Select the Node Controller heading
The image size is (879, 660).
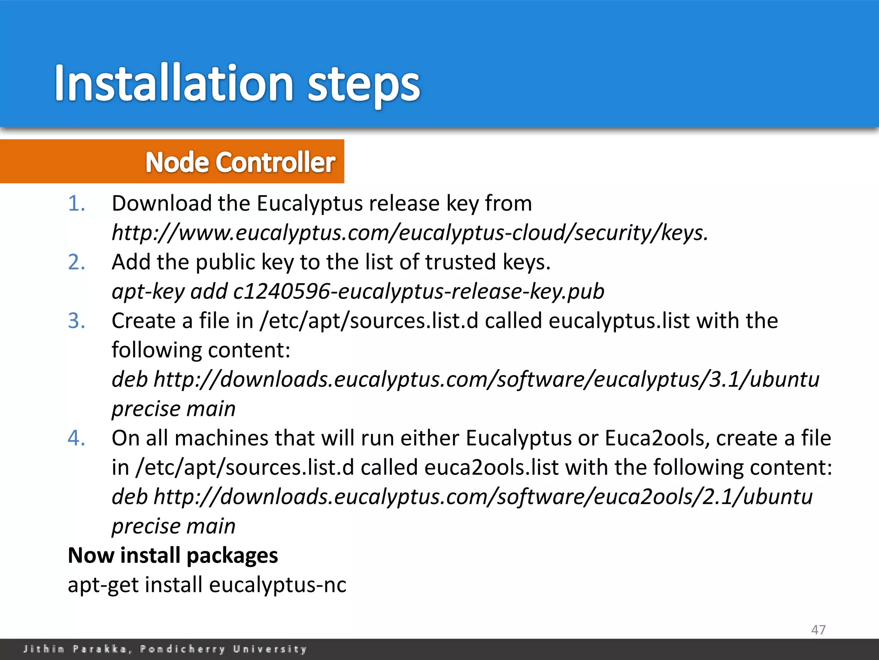(x=240, y=162)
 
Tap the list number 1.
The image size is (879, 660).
(x=77, y=203)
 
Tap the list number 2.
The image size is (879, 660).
(x=77, y=262)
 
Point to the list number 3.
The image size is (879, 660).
(x=77, y=321)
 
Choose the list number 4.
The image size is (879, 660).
(x=77, y=438)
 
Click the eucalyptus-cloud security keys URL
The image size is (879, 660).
(x=409, y=232)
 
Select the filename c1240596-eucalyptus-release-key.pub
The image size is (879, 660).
(x=418, y=291)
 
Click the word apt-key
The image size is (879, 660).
(x=148, y=291)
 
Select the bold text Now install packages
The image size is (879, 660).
(x=173, y=555)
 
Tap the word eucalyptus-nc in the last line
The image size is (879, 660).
(x=277, y=585)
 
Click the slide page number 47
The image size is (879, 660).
(x=818, y=629)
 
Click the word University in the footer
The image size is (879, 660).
(x=270, y=649)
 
